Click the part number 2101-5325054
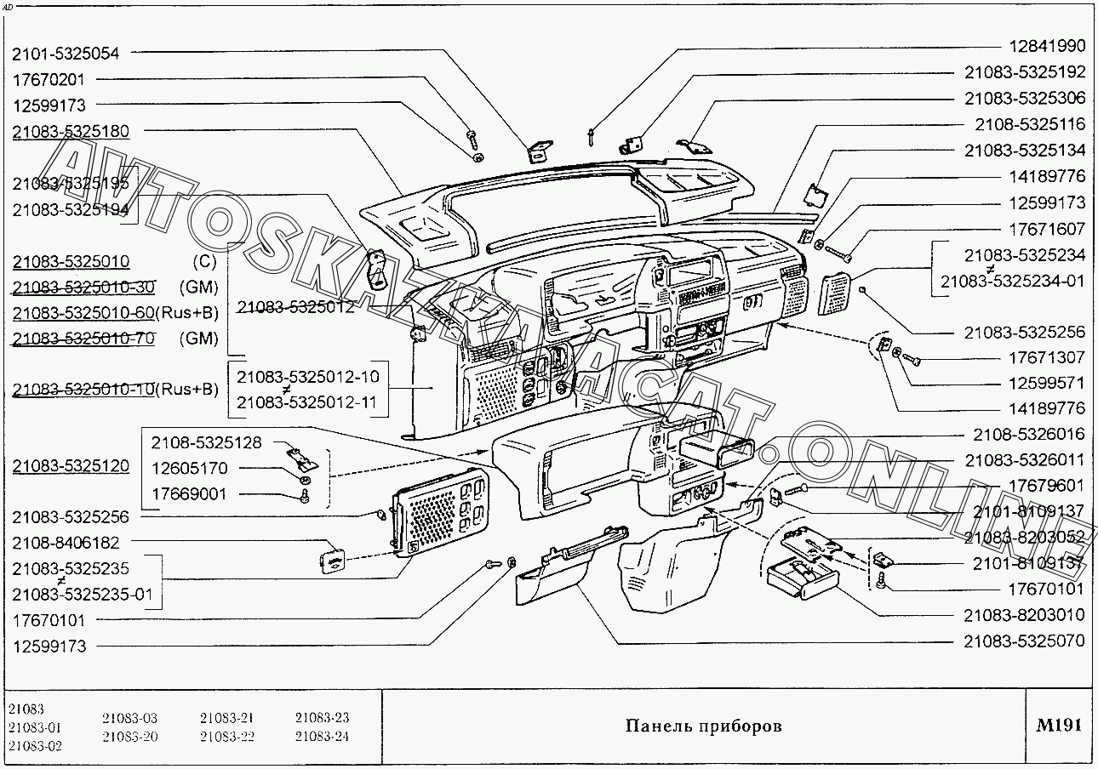(66, 54)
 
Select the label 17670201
(49, 79)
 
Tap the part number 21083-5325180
(71, 132)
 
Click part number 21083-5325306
(1025, 98)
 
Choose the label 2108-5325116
(1031, 124)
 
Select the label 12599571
(1047, 384)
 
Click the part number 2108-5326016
(1031, 435)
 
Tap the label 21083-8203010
(1025, 615)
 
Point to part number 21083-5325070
(1025, 641)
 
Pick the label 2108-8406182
(66, 543)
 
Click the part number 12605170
(190, 469)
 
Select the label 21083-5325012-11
(306, 402)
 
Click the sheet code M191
(1059, 726)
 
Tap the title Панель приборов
(703, 726)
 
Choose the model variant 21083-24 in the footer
(322, 737)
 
